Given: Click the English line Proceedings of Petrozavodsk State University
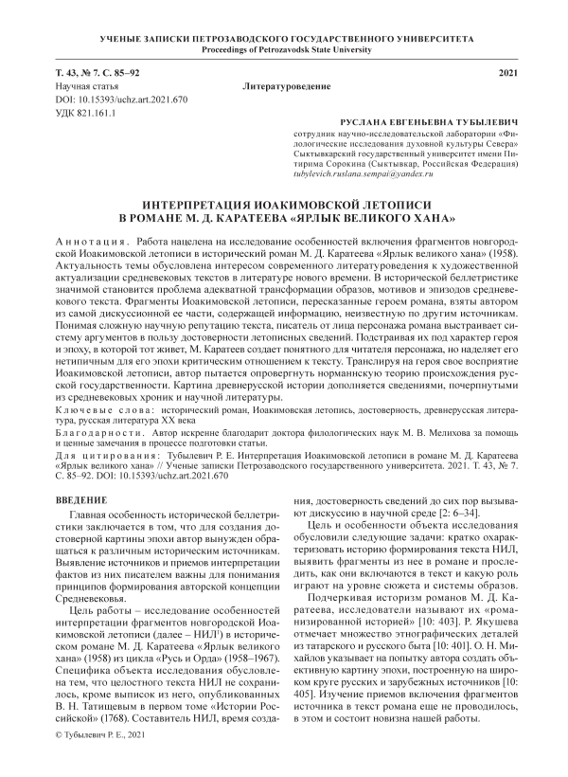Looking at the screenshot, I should click(283, 48).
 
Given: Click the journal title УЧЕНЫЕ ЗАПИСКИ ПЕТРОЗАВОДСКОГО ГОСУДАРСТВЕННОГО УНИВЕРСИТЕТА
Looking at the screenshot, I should click(283, 36).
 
